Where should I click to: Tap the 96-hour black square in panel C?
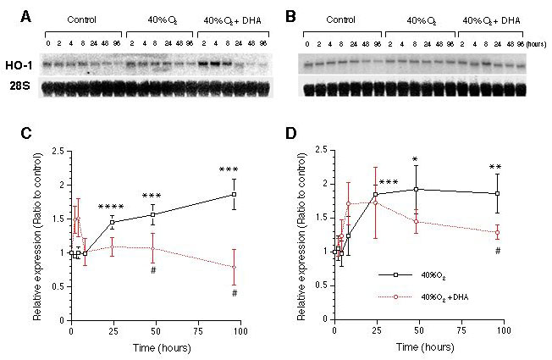[235, 194]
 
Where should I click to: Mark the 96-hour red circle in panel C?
[235, 267]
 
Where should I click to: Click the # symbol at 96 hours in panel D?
[498, 250]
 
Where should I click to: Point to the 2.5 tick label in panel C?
[55, 151]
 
